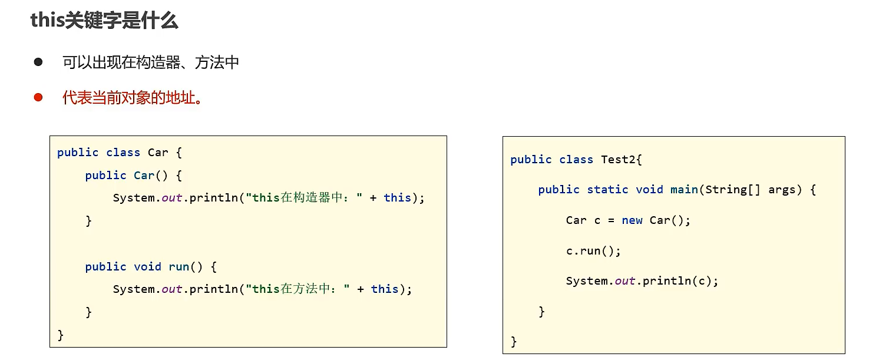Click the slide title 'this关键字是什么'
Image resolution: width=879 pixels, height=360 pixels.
click(104, 21)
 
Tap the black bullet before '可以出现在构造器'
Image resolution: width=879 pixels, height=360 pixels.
click(38, 62)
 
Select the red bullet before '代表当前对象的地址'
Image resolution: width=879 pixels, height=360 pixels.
click(38, 97)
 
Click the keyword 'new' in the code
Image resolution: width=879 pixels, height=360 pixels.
click(632, 220)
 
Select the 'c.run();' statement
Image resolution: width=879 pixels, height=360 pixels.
click(593, 251)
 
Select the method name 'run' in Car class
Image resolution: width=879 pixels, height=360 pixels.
click(179, 267)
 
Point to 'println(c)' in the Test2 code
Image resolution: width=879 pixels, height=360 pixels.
click(678, 281)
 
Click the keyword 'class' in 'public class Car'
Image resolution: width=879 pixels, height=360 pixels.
click(123, 153)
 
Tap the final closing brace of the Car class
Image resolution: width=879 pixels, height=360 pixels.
click(61, 335)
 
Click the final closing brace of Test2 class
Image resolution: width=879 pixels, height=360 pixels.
click(514, 341)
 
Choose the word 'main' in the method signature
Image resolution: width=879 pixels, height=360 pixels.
click(684, 190)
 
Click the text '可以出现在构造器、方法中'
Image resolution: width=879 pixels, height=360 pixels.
click(151, 62)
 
